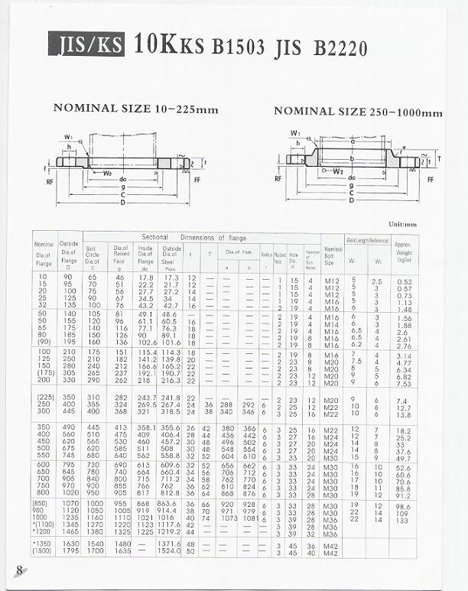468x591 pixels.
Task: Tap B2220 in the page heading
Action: [x=340, y=48]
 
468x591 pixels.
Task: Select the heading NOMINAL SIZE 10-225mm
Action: [x=135, y=109]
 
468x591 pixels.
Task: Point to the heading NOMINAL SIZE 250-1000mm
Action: [x=358, y=112]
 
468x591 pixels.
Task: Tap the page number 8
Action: [x=19, y=570]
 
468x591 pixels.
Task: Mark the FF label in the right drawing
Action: [x=431, y=180]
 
